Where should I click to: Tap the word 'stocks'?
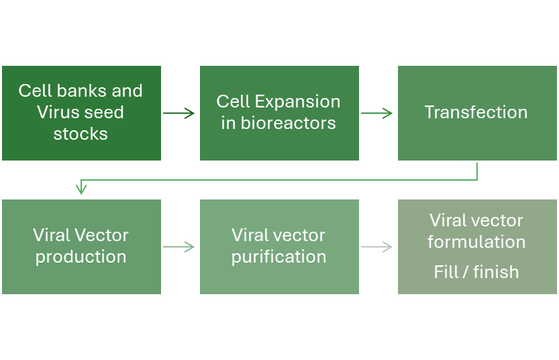click(x=81, y=134)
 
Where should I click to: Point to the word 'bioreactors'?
click(x=289, y=123)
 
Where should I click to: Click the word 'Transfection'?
click(x=476, y=112)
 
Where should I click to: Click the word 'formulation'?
click(x=476, y=242)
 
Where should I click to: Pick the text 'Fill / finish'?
click(x=476, y=272)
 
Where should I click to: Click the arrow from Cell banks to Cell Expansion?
click(x=179, y=113)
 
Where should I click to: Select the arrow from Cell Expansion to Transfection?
click(x=376, y=113)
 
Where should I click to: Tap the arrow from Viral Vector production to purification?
click(x=179, y=247)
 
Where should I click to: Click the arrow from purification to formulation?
click(x=376, y=247)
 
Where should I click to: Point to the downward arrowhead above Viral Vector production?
click(x=81, y=187)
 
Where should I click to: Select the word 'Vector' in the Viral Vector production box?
click(x=106, y=235)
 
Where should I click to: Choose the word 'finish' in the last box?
click(x=496, y=272)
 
